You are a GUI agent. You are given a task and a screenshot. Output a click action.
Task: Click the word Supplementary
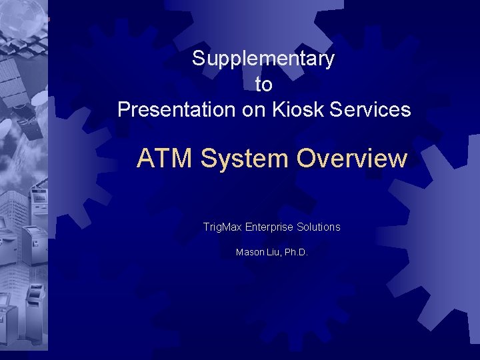(263, 59)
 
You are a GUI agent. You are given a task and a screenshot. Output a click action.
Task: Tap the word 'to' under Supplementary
(263, 85)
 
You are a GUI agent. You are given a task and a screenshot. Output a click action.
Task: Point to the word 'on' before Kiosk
(254, 109)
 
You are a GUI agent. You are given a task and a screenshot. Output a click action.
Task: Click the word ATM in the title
(165, 159)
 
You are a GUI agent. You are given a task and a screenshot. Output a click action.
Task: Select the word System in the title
(243, 159)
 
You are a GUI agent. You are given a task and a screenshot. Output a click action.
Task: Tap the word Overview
(351, 159)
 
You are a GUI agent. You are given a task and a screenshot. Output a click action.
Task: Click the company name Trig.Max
(222, 227)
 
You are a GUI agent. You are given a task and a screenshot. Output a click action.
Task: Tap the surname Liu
(273, 253)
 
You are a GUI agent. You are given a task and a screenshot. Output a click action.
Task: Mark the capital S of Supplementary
(198, 59)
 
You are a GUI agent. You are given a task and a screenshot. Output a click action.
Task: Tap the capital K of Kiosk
(277, 109)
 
